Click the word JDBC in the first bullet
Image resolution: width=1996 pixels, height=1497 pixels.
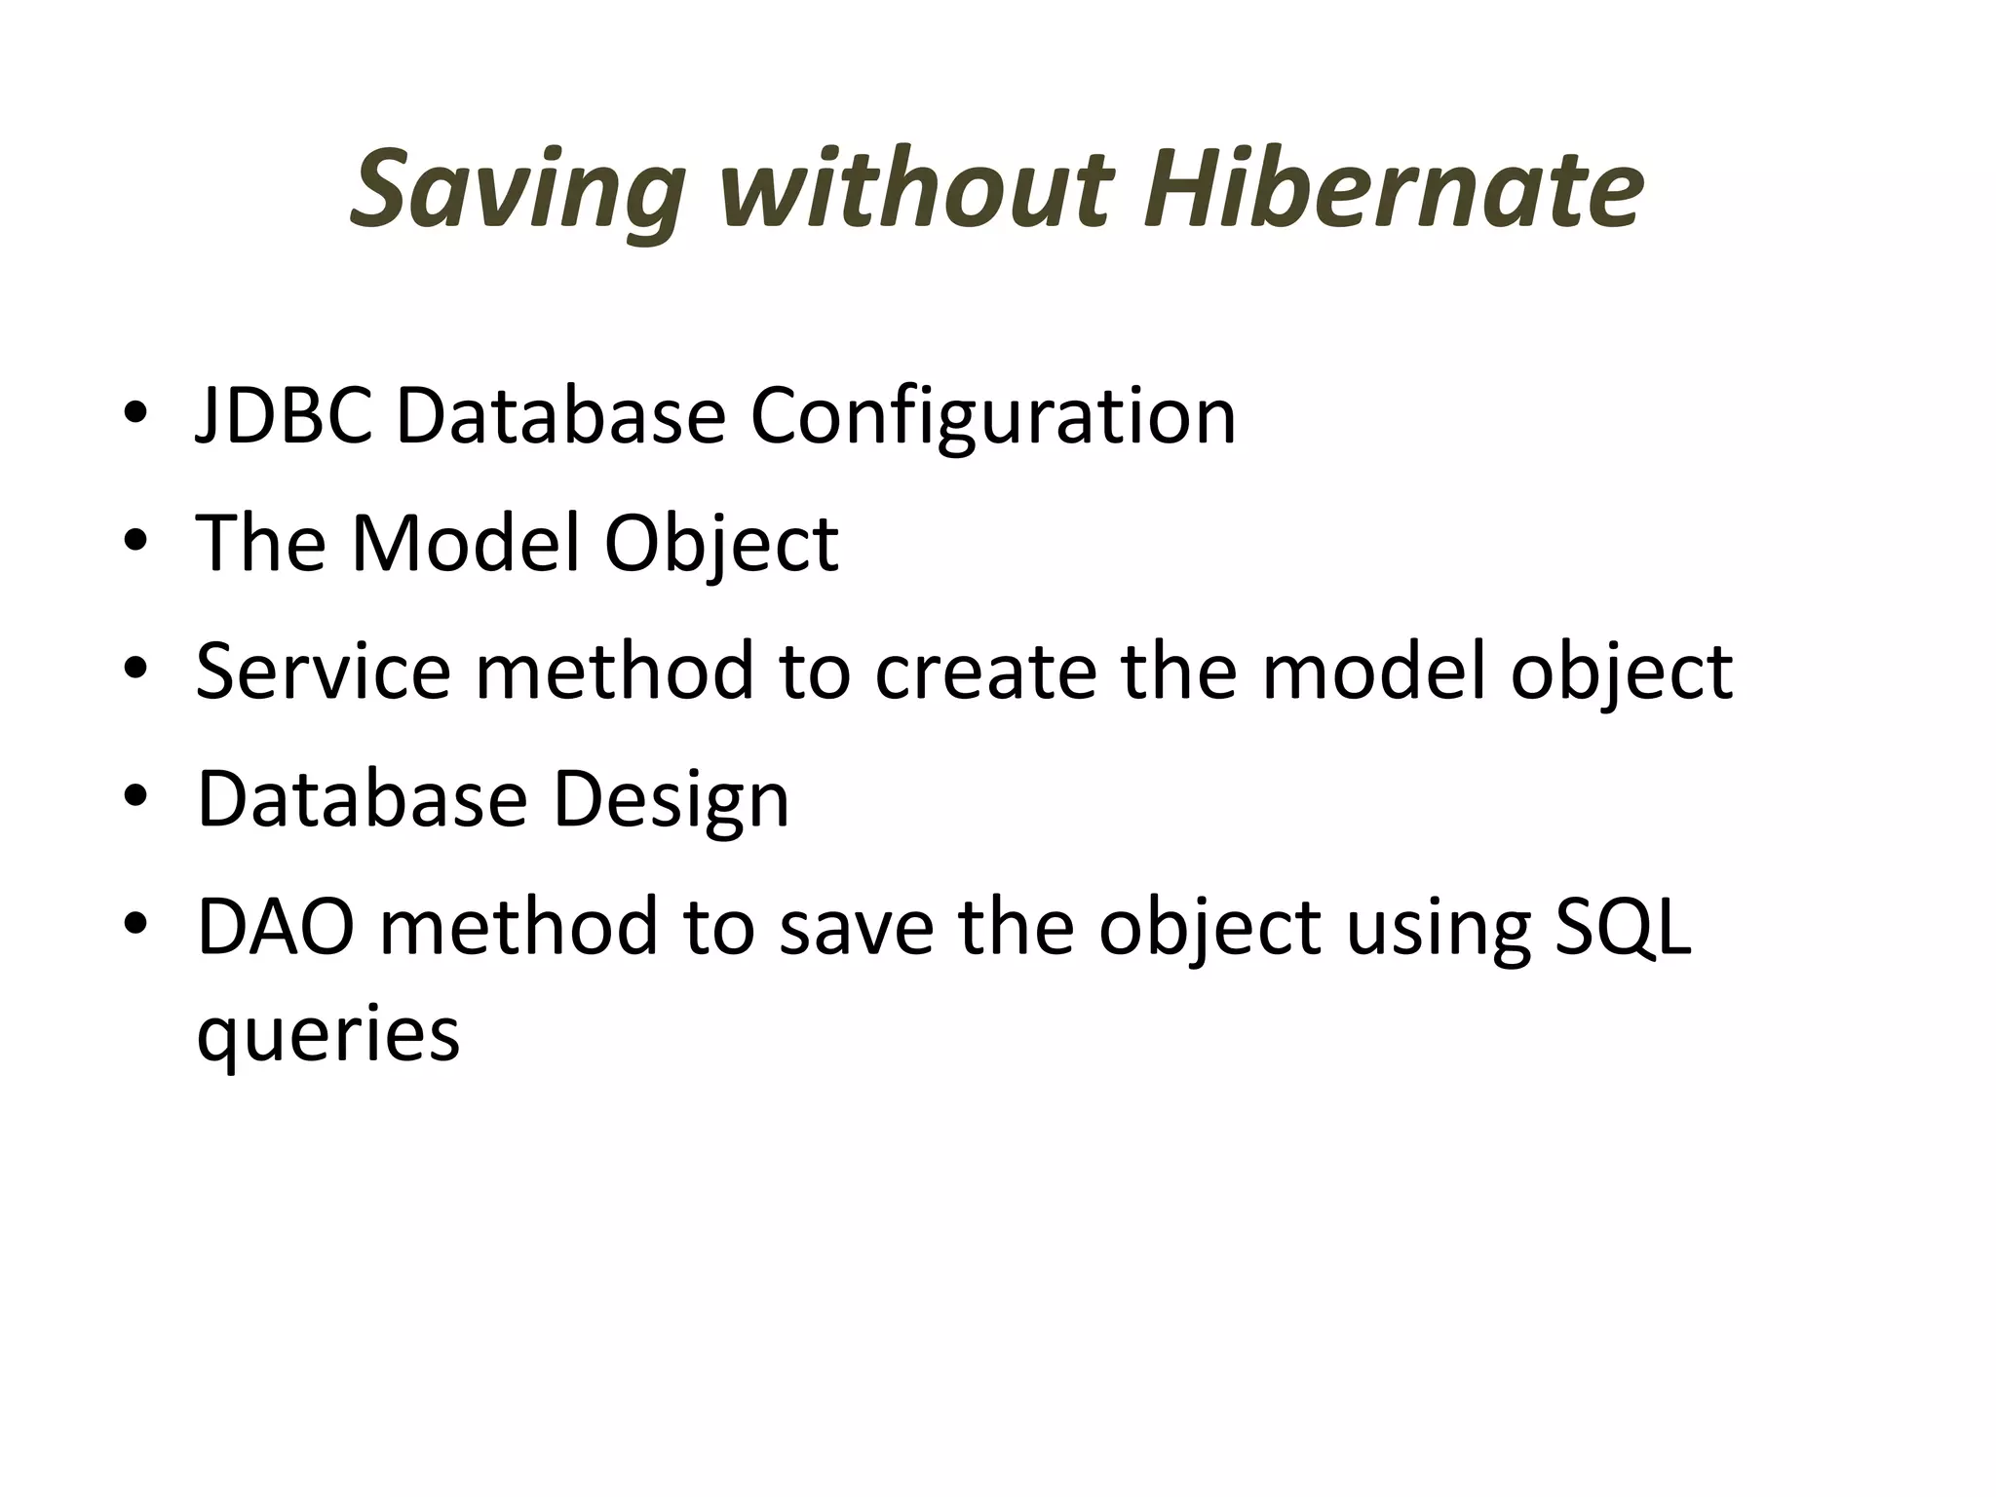[x=284, y=416]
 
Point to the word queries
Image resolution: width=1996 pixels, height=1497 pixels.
[x=327, y=1035]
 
